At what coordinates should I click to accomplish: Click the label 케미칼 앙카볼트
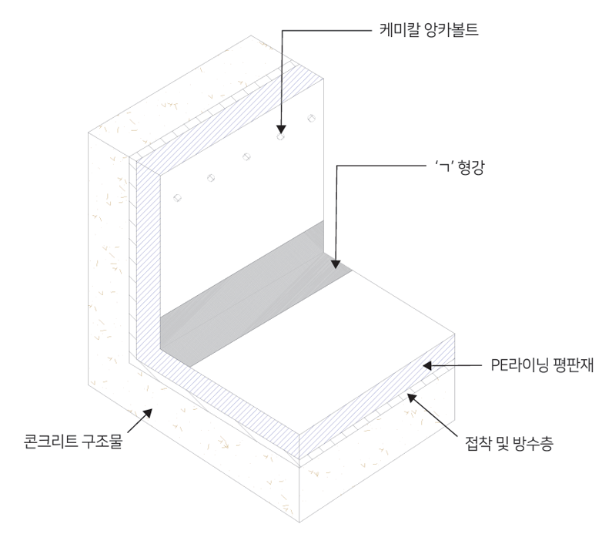click(x=429, y=30)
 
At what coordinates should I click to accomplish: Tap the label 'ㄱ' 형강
click(x=460, y=167)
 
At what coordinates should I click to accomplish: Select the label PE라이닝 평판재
click(x=542, y=366)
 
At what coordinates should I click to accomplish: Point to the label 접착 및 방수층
click(x=509, y=444)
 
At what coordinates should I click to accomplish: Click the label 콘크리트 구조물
click(x=73, y=442)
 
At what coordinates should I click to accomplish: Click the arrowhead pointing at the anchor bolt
click(x=281, y=129)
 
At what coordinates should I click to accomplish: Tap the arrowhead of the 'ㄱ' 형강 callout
click(x=336, y=264)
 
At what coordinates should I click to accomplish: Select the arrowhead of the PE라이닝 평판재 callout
click(x=428, y=366)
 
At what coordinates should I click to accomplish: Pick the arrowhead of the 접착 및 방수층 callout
click(x=412, y=398)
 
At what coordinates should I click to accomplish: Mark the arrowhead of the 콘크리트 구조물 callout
click(x=147, y=414)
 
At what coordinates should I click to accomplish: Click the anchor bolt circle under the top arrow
click(x=281, y=136)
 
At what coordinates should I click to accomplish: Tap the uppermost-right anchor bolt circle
click(x=312, y=118)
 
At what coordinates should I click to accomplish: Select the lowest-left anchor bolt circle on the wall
click(x=177, y=198)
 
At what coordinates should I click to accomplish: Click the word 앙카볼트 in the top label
click(x=452, y=30)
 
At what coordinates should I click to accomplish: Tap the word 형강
click(x=471, y=167)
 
